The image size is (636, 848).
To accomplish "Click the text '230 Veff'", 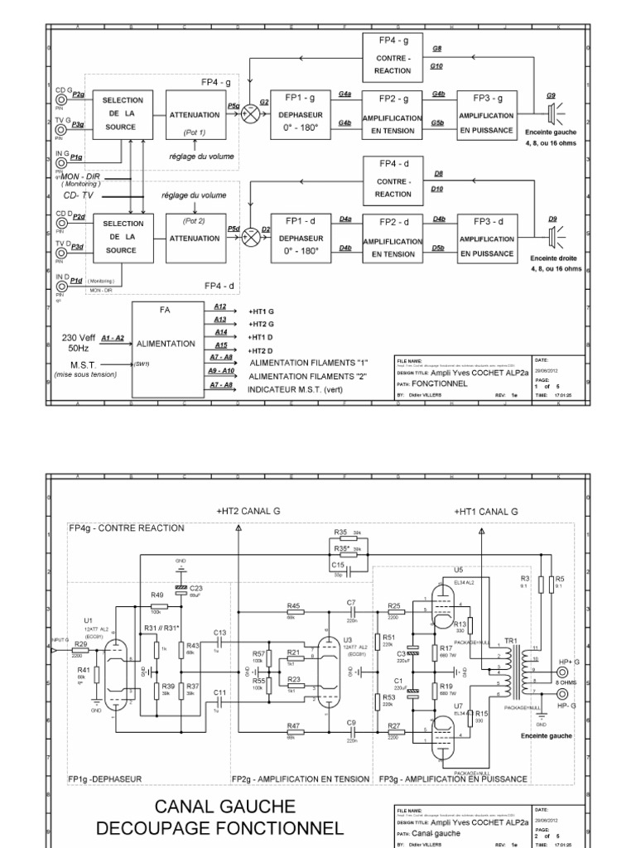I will point(80,336).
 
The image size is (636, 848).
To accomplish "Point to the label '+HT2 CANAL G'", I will point(248,512).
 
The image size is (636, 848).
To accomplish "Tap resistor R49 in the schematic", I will point(157,602).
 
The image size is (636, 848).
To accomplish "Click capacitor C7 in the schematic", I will point(352,611).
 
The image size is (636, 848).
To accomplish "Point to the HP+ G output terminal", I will point(562,663).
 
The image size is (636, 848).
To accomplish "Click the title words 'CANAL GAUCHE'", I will point(219,806).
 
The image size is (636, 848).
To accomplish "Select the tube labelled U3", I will point(331,662).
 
